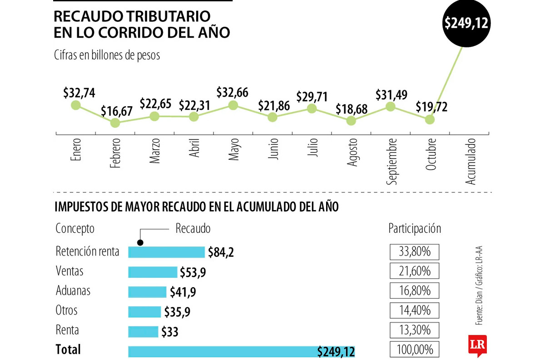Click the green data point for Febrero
point(115,123)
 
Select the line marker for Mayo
point(233,105)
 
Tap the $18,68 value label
point(351,109)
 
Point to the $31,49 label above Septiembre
point(391,95)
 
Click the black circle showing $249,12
point(466,23)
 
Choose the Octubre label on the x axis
point(431,155)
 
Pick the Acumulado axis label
point(471,162)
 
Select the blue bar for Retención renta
point(167,252)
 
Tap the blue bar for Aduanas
point(147,292)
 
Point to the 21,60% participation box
point(414,271)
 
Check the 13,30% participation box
point(414,330)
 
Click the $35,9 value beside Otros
point(175,312)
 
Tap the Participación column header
point(415,229)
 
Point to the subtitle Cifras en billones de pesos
point(107,55)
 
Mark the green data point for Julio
point(312,108)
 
